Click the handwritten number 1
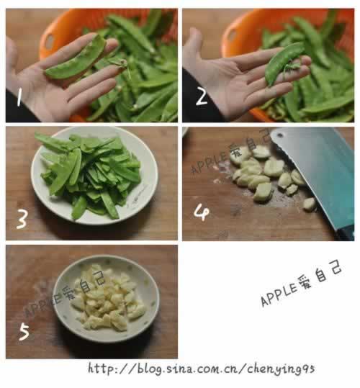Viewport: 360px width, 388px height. tap(19, 97)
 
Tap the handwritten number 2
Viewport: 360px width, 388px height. tap(202, 96)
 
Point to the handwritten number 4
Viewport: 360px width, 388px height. tap(202, 213)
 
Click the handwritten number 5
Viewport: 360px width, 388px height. tap(24, 332)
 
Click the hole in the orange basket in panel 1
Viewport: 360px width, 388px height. tap(50, 42)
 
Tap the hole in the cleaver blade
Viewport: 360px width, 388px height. tap(280, 135)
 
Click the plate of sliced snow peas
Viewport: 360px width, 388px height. tap(94, 175)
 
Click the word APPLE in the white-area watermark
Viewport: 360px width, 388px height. tap(279, 295)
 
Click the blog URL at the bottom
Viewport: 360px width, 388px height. tap(202, 369)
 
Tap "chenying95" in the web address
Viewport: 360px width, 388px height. tap(281, 369)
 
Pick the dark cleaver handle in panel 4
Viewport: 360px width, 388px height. tap(346, 234)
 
